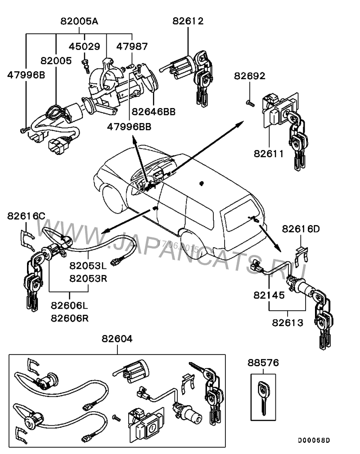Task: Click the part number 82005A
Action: click(79, 22)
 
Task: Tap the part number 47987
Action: click(132, 46)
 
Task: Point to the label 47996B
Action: click(26, 75)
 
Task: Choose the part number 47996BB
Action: click(129, 127)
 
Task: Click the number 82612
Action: click(188, 21)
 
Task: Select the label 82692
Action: click(250, 76)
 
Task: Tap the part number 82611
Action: click(268, 154)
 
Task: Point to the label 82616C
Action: click(26, 216)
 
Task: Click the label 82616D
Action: click(301, 229)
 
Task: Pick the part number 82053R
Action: click(88, 278)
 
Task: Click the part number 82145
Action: click(269, 295)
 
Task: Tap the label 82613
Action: click(287, 322)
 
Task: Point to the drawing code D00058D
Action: click(314, 440)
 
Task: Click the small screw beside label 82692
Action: click(250, 103)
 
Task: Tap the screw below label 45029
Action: click(85, 64)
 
